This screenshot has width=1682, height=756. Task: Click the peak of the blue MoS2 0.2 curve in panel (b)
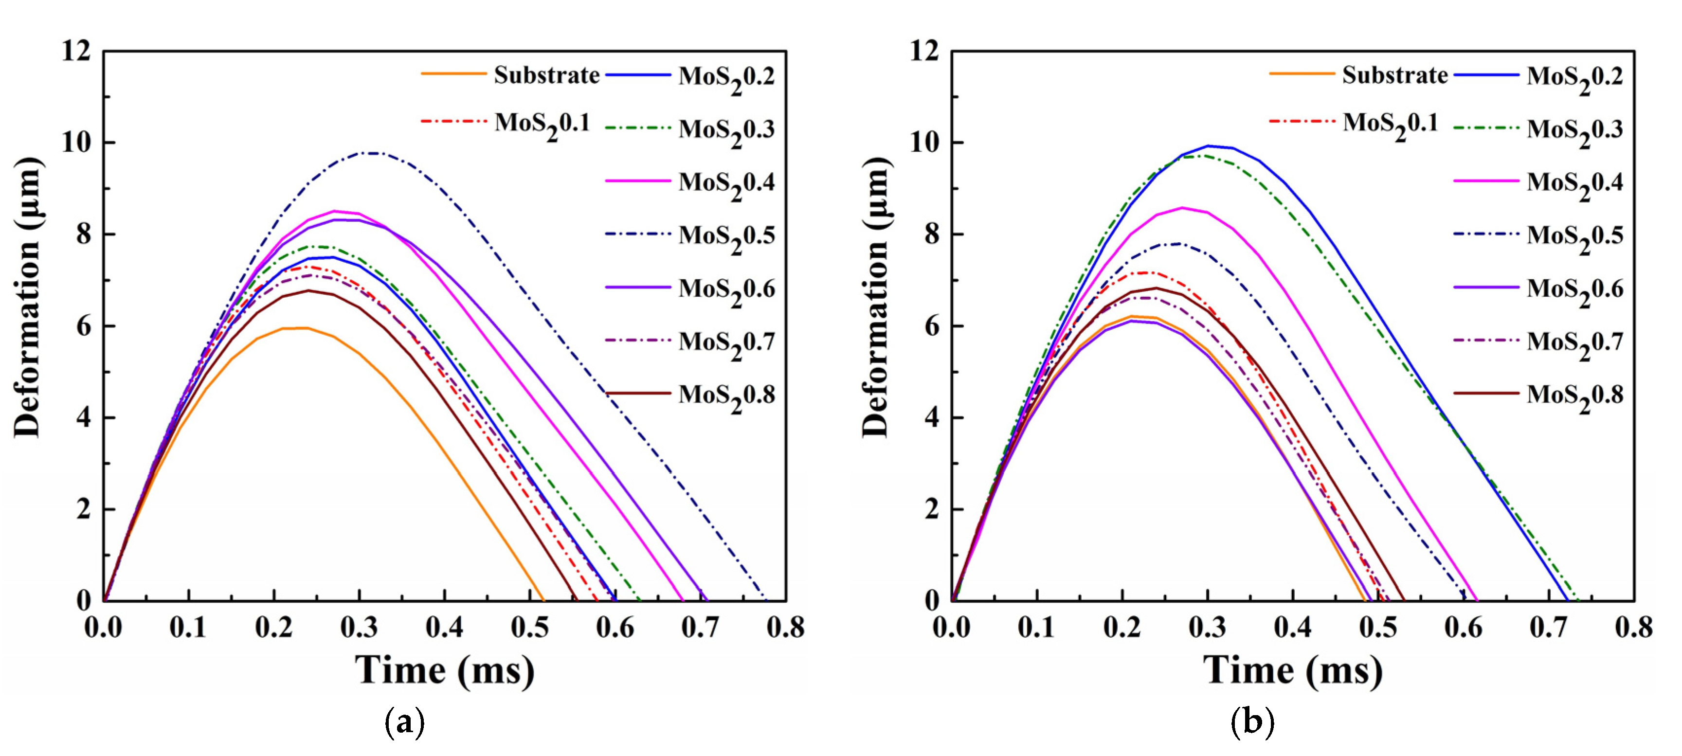(x=1209, y=145)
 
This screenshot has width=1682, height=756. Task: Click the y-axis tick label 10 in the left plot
(x=76, y=143)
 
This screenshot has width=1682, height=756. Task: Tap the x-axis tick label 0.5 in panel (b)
(x=1378, y=628)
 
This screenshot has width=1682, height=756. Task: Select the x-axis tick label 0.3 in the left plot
(x=359, y=628)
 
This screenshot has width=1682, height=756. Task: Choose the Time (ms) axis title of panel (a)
(x=444, y=670)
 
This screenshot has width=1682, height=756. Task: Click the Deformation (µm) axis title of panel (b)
(x=875, y=297)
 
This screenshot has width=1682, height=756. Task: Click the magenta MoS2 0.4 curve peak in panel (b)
(x=1182, y=208)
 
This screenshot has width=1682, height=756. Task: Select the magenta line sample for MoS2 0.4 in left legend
(x=637, y=181)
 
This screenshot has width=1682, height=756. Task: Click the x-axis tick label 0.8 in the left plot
(x=785, y=628)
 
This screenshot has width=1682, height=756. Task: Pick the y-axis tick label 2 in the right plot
(x=932, y=509)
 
